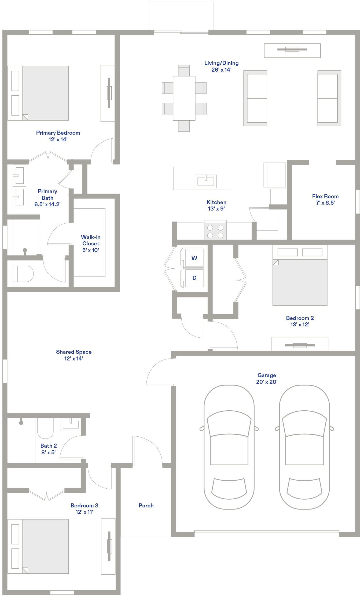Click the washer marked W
pyautogui.click(x=193, y=258)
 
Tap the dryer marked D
pyautogui.click(x=193, y=278)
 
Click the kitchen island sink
pyautogui.click(x=205, y=181)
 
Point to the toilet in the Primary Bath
pyautogui.click(x=23, y=274)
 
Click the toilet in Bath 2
pyautogui.click(x=45, y=428)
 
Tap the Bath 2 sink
pyautogui.click(x=71, y=424)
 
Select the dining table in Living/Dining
pyautogui.click(x=184, y=98)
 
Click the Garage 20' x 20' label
pyautogui.click(x=267, y=378)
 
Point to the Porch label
pyautogui.click(x=146, y=506)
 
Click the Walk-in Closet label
pyautogui.click(x=91, y=244)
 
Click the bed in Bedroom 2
pyautogui.click(x=300, y=275)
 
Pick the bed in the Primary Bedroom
pyautogui.click(x=38, y=93)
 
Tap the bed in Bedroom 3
pyautogui.click(x=38, y=546)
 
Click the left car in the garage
pyautogui.click(x=229, y=447)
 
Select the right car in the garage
pyautogui.click(x=304, y=447)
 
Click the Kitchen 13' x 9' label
pyautogui.click(x=216, y=205)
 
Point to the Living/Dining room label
pyautogui.click(x=221, y=66)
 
